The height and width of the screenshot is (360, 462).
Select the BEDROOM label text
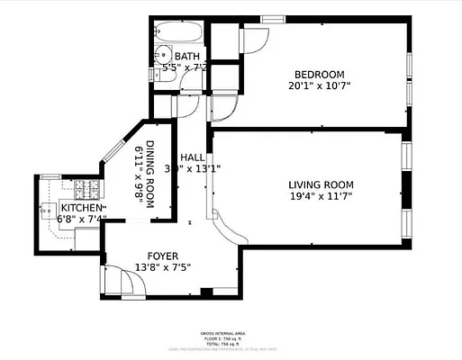(320, 74)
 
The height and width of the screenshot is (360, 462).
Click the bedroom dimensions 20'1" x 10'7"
(320, 86)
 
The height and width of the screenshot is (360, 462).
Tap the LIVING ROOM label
(312, 184)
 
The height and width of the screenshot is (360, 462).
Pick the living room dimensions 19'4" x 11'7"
(312, 197)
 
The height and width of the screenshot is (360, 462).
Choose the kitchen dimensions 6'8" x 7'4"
(81, 219)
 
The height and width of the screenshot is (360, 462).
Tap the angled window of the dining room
(115, 145)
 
